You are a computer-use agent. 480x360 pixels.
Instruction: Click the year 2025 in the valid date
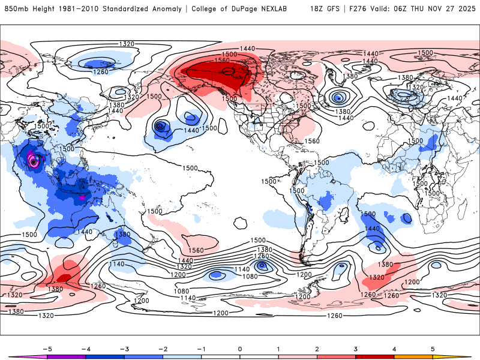(x=466, y=9)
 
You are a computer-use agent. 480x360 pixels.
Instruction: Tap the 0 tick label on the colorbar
(x=239, y=348)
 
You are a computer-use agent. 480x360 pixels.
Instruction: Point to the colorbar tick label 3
(x=356, y=348)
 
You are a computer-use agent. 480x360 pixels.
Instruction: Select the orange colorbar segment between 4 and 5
(x=413, y=357)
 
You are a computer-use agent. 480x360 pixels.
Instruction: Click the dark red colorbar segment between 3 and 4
(x=375, y=357)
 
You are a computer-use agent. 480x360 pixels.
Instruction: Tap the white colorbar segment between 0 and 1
(x=259, y=357)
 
